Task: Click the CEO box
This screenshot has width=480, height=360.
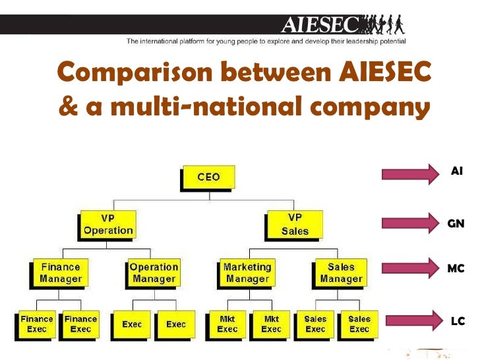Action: coord(208,177)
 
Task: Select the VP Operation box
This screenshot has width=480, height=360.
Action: coord(107,224)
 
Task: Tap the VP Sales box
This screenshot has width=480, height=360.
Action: coord(295,224)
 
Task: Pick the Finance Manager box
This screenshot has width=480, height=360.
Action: coord(61,273)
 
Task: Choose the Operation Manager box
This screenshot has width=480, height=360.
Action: coord(154,273)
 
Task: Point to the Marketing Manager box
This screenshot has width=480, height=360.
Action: coord(247,273)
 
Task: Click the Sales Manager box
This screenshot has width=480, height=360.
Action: coord(341,273)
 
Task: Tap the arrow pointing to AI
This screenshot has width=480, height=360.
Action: coord(409,174)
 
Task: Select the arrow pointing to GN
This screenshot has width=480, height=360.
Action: coord(409,222)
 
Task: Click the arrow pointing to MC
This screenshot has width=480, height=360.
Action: coord(409,268)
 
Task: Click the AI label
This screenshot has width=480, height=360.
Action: coord(456,171)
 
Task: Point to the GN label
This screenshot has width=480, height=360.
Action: coord(456,224)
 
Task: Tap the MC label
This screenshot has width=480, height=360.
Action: coord(456,268)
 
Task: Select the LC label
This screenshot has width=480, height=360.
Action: coord(457,321)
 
